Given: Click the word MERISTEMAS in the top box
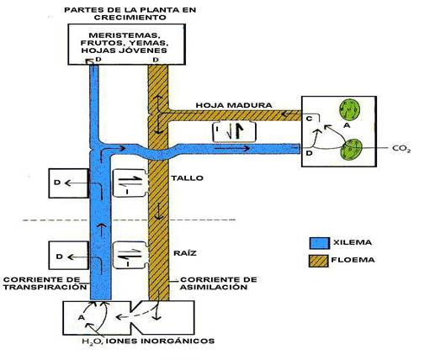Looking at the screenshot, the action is point(125,35).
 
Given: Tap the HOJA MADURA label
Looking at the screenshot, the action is point(234,105).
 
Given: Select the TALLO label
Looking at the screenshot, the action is point(188,178).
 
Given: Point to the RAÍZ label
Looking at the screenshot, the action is point(185,253).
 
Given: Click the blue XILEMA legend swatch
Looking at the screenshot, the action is point(320,243).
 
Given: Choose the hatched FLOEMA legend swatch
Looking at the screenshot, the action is point(318,261).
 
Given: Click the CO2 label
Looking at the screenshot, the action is point(401,149).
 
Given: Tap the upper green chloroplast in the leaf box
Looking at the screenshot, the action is point(349,109).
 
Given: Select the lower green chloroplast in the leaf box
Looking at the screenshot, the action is point(350,149).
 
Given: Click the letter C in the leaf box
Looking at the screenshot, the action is point(309,119).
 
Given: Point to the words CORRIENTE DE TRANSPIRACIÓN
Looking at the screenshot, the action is point(45,283).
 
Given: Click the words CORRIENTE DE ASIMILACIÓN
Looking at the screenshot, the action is point(218,283).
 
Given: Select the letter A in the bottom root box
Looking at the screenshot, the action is point(82,318).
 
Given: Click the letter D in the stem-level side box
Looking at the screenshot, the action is point(57,183).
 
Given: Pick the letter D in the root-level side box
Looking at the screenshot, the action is point(59,257).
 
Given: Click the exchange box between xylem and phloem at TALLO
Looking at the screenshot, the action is point(130,183).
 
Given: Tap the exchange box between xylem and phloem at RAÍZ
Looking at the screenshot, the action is point(131,255).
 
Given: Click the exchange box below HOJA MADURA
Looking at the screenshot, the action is point(234,132).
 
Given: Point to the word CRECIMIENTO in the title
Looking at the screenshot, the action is point(130,18).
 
